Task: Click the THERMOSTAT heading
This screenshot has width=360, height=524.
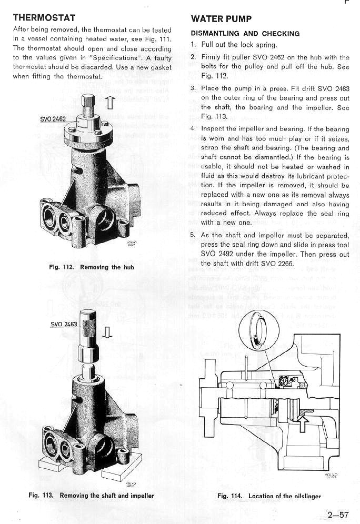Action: [x=44, y=18]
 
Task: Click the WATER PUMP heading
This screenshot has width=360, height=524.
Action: [x=222, y=19]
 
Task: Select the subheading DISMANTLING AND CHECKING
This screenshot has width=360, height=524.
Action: [x=245, y=33]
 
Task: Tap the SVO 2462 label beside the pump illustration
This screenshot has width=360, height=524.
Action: [x=53, y=119]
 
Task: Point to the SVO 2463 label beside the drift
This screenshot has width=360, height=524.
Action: [x=64, y=324]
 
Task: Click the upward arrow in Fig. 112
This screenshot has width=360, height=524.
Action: [x=109, y=101]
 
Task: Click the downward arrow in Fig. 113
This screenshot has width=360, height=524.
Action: [x=107, y=332]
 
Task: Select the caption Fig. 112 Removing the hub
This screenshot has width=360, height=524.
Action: [x=91, y=267]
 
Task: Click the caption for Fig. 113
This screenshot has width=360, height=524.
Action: [x=91, y=495]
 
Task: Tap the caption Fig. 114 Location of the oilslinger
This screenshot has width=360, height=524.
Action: [x=268, y=496]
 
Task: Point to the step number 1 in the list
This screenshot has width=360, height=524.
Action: [x=193, y=45]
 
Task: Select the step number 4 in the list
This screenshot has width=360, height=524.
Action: [x=193, y=129]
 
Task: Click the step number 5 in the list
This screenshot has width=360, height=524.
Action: [x=193, y=235]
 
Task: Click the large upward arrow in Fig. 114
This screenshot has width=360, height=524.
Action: [x=303, y=421]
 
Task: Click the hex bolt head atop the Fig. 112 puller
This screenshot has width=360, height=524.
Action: [x=88, y=100]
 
